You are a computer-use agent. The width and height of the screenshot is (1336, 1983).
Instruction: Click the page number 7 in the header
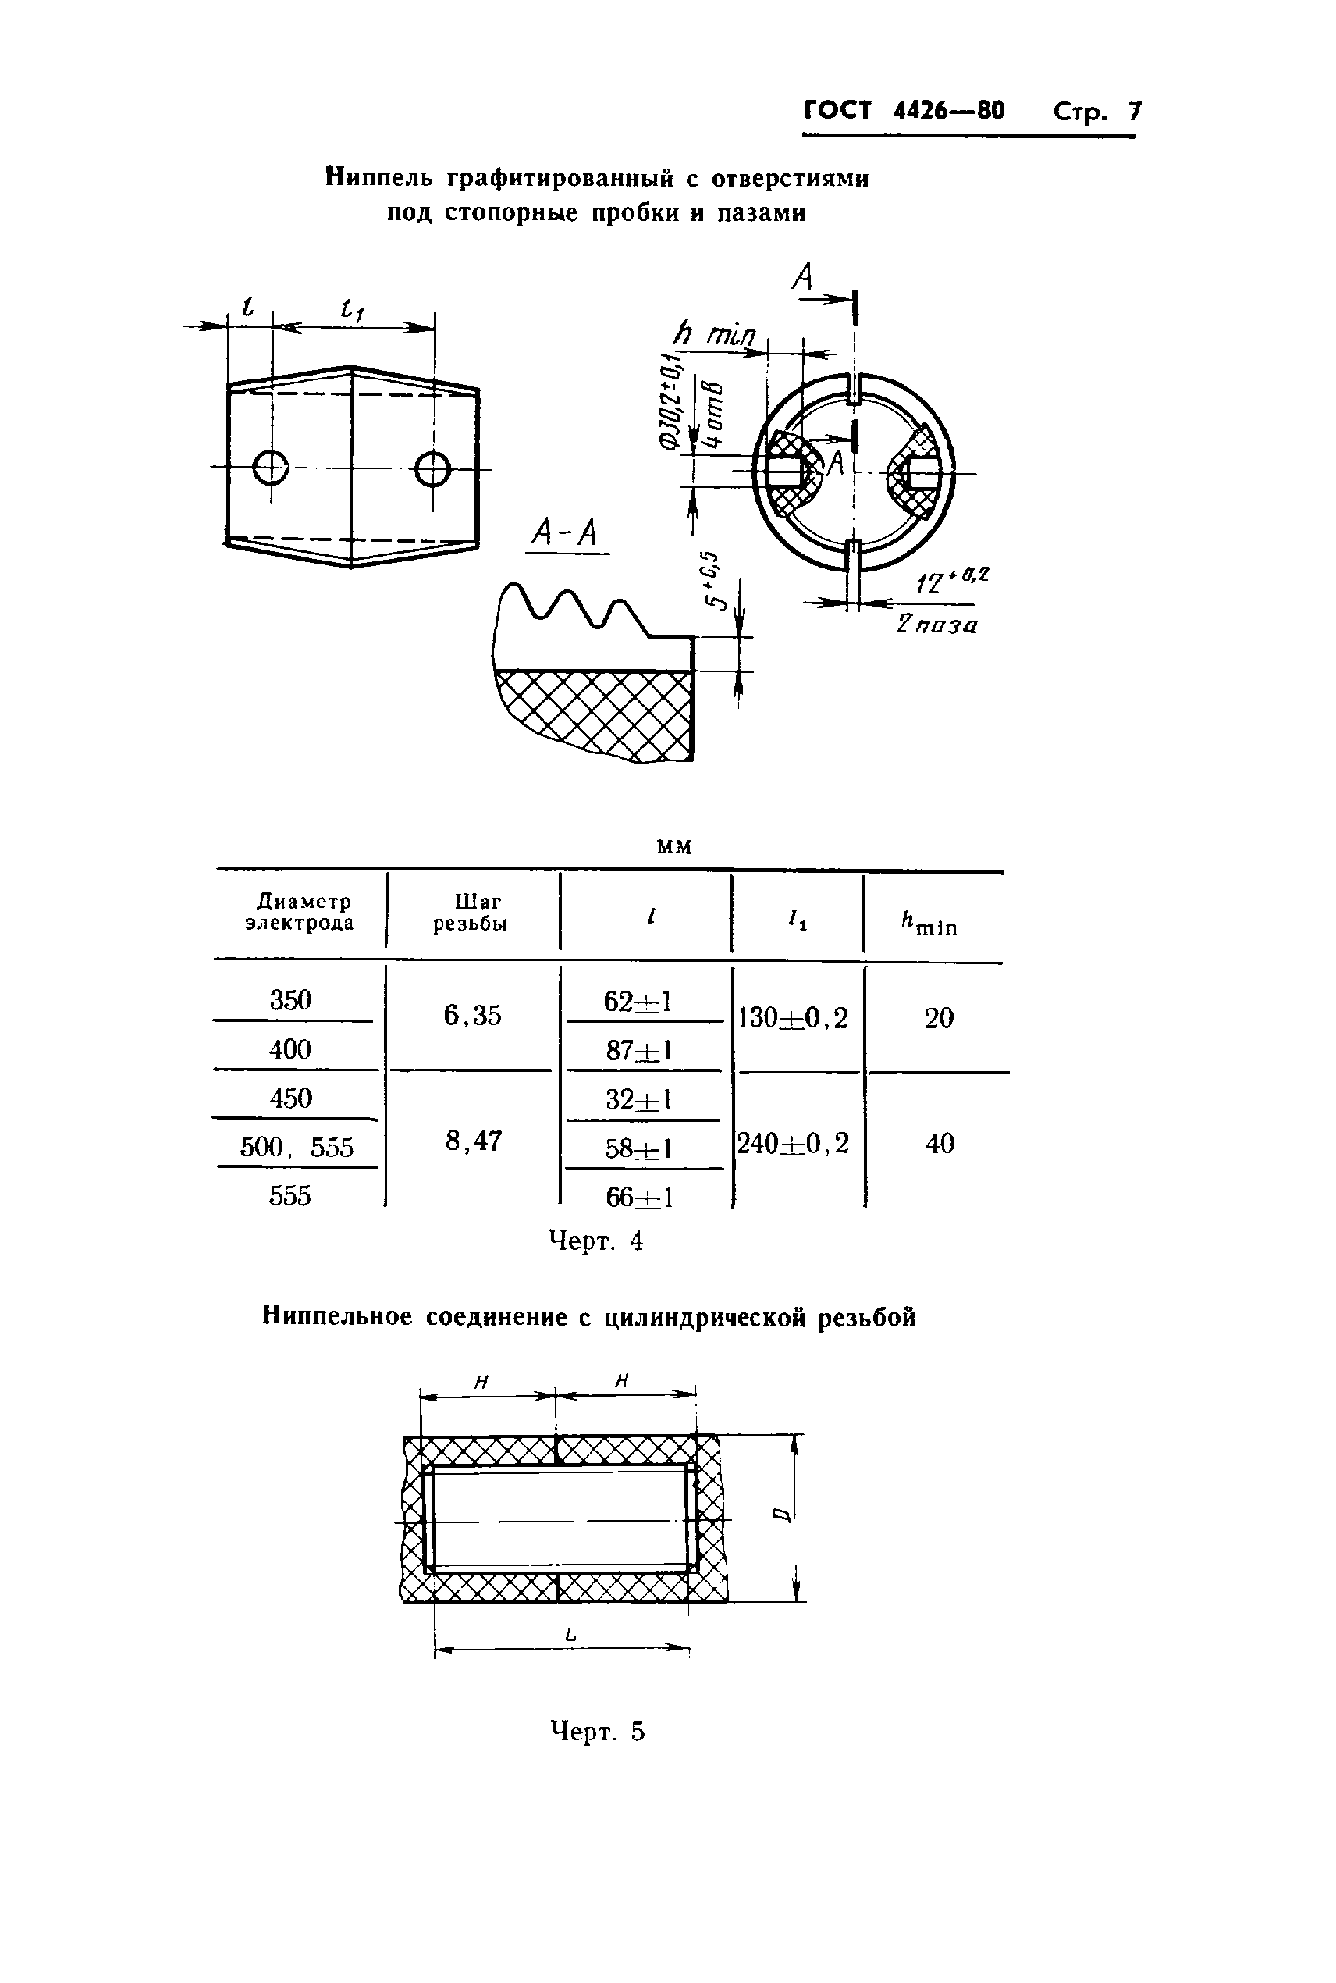pos(1134,112)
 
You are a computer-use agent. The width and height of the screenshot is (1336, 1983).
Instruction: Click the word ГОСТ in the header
pos(838,111)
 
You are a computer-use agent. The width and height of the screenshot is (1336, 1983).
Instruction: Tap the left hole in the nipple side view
pos(271,467)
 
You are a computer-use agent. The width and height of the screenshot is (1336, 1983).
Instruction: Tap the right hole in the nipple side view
pos(433,467)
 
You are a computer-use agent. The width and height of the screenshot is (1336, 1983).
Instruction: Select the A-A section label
pos(565,533)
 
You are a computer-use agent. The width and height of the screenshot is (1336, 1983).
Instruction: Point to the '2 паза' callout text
pos(936,625)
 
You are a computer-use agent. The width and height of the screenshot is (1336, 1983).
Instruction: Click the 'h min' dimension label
pos(715,334)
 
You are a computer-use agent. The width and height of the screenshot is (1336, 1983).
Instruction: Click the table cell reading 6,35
pos(473,1016)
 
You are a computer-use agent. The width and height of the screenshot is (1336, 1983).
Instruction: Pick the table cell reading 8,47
pos(473,1140)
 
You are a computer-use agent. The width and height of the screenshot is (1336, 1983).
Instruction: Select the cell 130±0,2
pos(793,1017)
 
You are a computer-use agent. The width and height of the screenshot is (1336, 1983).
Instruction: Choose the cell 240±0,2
pos(793,1143)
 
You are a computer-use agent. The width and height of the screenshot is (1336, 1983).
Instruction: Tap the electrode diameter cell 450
pos(290,1098)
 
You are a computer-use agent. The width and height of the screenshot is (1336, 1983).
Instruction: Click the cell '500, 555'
pos(297,1147)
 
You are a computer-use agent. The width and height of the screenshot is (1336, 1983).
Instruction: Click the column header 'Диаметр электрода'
pos(299,912)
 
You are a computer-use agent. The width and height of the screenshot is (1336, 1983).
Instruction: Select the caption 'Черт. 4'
pos(595,1241)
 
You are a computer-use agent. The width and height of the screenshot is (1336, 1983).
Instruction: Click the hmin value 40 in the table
pos(940,1143)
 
